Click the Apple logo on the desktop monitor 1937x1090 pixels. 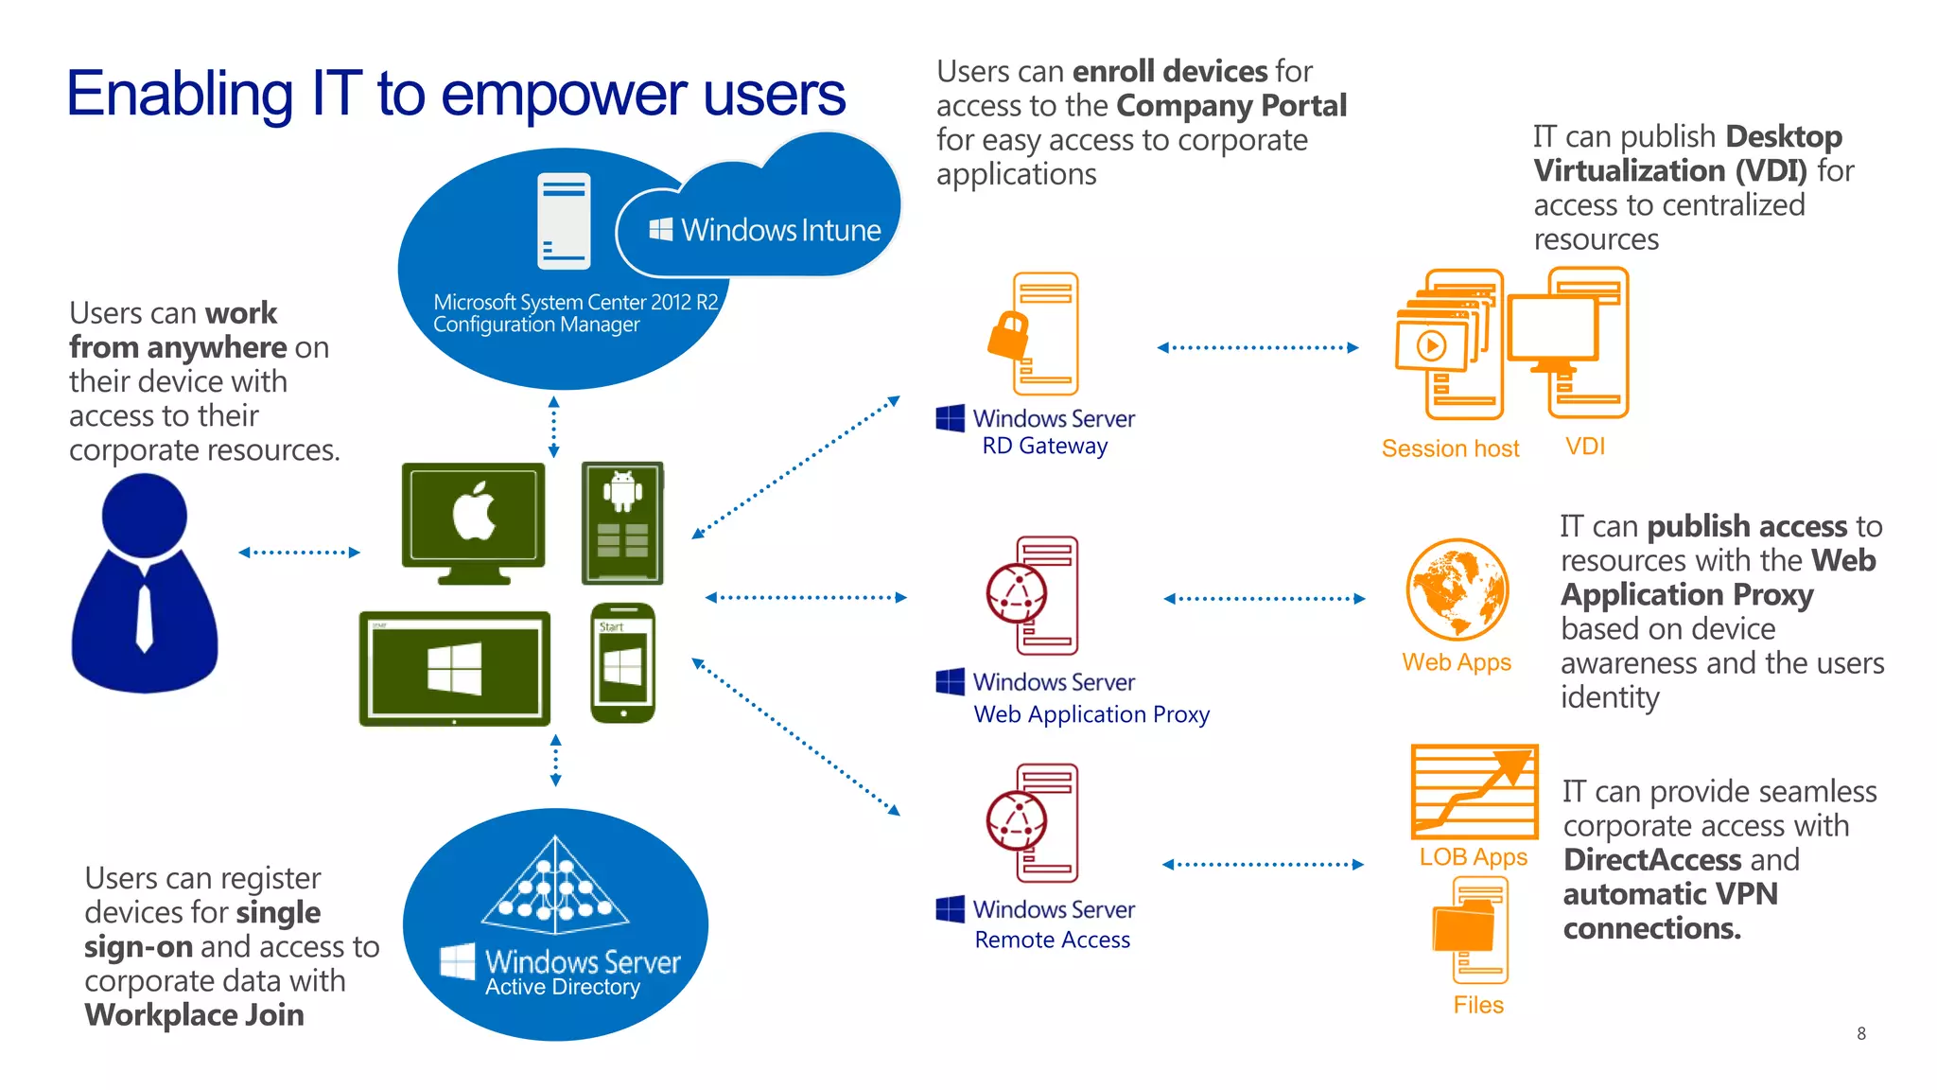coord(474,512)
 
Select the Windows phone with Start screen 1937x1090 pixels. coord(622,663)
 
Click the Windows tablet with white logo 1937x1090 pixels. coord(454,668)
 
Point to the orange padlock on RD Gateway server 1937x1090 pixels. coord(1009,334)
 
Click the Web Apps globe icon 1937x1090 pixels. coord(1457,589)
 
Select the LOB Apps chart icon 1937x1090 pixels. coord(1474,791)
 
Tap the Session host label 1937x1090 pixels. coord(1450,448)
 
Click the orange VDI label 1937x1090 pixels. coord(1585,446)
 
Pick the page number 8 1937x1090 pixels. coord(1861,1033)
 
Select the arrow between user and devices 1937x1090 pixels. coord(299,552)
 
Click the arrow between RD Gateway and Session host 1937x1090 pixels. coord(1257,347)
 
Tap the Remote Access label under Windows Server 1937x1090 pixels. coord(1052,940)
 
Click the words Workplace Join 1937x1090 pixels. coord(194,1015)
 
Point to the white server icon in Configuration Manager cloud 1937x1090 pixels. coord(564,220)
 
